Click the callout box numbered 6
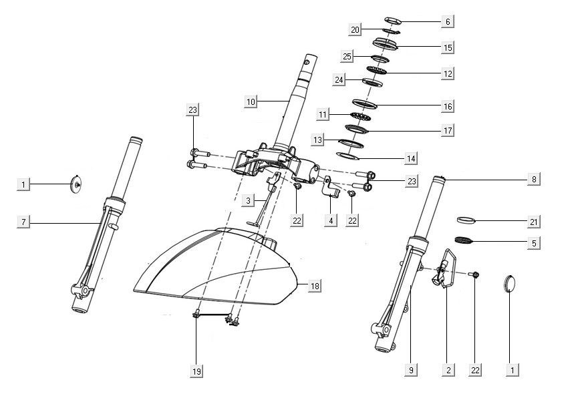point(448,21)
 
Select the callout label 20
point(355,30)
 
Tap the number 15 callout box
point(448,47)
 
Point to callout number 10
point(251,101)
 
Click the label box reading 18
point(315,286)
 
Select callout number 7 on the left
point(23,222)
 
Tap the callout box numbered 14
point(411,158)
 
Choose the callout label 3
point(248,200)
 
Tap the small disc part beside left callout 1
point(78,183)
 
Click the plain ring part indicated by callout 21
point(467,219)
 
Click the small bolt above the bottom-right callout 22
point(474,274)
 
